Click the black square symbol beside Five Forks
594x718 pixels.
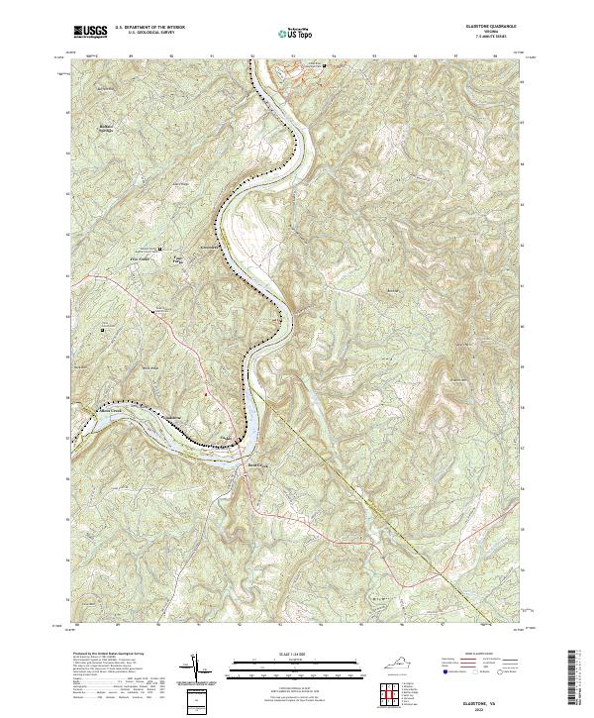160,249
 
